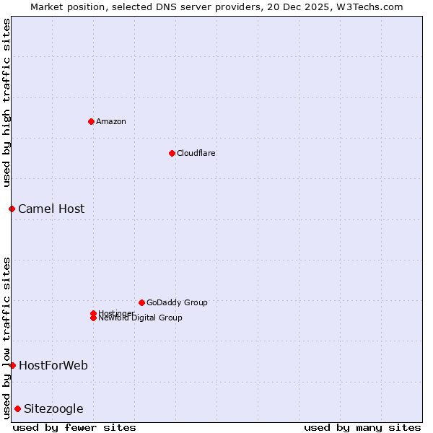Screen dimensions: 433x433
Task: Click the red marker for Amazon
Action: pos(91,121)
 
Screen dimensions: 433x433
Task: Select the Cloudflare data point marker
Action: pos(172,153)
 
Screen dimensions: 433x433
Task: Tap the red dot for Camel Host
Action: pos(12,209)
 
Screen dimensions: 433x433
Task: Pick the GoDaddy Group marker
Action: pos(141,302)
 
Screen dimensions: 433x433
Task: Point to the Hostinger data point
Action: pos(93,313)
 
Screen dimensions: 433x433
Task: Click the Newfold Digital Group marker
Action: pos(93,318)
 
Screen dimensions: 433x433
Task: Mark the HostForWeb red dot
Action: pos(12,365)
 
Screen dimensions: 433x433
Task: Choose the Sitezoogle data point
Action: pos(17,408)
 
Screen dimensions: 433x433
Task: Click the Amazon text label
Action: pos(111,121)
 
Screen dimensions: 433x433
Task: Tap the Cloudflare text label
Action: pos(196,153)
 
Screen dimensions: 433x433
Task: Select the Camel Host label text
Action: pos(51,209)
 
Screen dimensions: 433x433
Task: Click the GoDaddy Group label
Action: pos(177,302)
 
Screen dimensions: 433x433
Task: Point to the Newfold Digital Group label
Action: pos(141,318)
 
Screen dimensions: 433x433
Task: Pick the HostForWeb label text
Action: pos(53,365)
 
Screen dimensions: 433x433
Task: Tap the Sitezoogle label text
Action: pos(53,408)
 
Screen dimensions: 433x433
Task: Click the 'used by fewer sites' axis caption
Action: pos(74,427)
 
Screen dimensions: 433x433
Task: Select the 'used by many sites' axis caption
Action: pos(362,427)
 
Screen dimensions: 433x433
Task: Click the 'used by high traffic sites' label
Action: pos(6,102)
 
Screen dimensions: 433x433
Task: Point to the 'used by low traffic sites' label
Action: pos(6,337)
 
